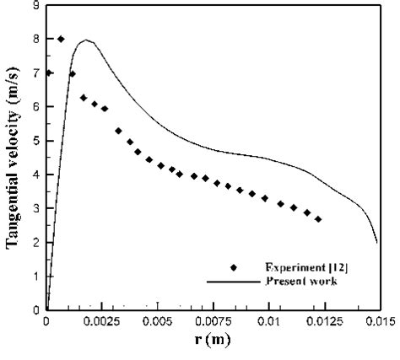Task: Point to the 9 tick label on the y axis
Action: click(35, 5)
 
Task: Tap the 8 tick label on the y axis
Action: click(35, 39)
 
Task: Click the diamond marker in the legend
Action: click(232, 267)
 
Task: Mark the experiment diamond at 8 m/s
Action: click(61, 39)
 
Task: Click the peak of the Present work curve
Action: click(86, 40)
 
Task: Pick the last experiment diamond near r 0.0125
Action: click(318, 219)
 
